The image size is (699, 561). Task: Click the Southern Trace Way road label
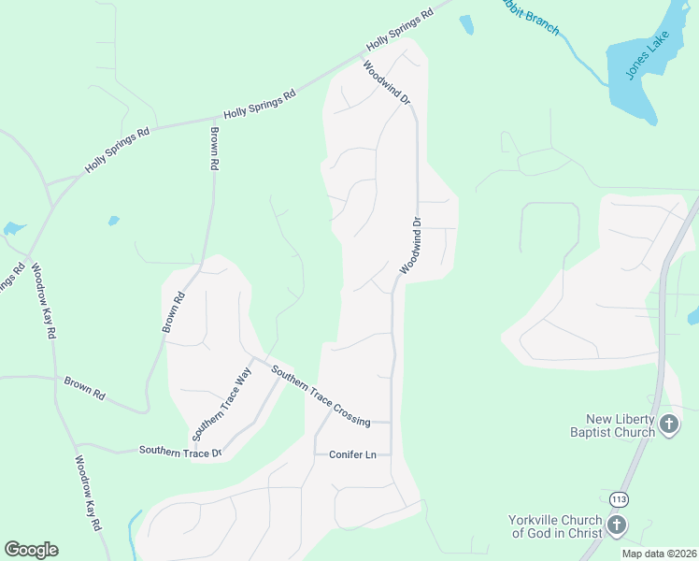click(222, 404)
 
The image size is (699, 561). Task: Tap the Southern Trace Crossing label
click(320, 396)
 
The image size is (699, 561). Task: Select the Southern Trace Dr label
click(179, 452)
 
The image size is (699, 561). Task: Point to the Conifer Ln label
click(352, 454)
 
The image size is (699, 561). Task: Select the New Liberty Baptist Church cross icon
click(668, 424)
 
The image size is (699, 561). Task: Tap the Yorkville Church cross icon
click(616, 525)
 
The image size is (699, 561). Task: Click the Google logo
click(31, 550)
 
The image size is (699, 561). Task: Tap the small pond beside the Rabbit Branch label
click(466, 25)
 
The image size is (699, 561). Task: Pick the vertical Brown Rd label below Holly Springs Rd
click(214, 148)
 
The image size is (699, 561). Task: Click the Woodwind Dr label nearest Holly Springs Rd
click(385, 83)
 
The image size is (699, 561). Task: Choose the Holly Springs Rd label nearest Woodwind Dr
click(400, 30)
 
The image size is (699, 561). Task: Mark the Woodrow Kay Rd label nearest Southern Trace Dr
click(87, 493)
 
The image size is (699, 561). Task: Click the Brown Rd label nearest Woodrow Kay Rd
click(84, 388)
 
